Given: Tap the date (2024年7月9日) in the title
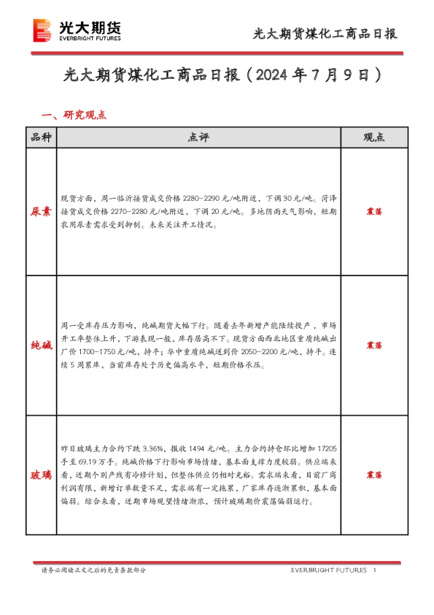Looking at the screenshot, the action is click(x=315, y=75).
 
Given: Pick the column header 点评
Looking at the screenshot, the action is click(x=198, y=137).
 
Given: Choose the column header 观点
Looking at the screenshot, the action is click(x=373, y=137).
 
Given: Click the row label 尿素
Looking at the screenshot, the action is click(x=40, y=212).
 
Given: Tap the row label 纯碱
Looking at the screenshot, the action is click(x=40, y=345).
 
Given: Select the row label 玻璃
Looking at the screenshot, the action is click(x=40, y=475).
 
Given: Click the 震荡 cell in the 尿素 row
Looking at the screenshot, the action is click(x=373, y=212).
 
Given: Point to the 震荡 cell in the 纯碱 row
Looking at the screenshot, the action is click(x=373, y=345).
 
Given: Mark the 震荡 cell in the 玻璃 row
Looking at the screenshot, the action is click(x=373, y=475).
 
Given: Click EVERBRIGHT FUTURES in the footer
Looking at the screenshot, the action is click(x=328, y=570).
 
